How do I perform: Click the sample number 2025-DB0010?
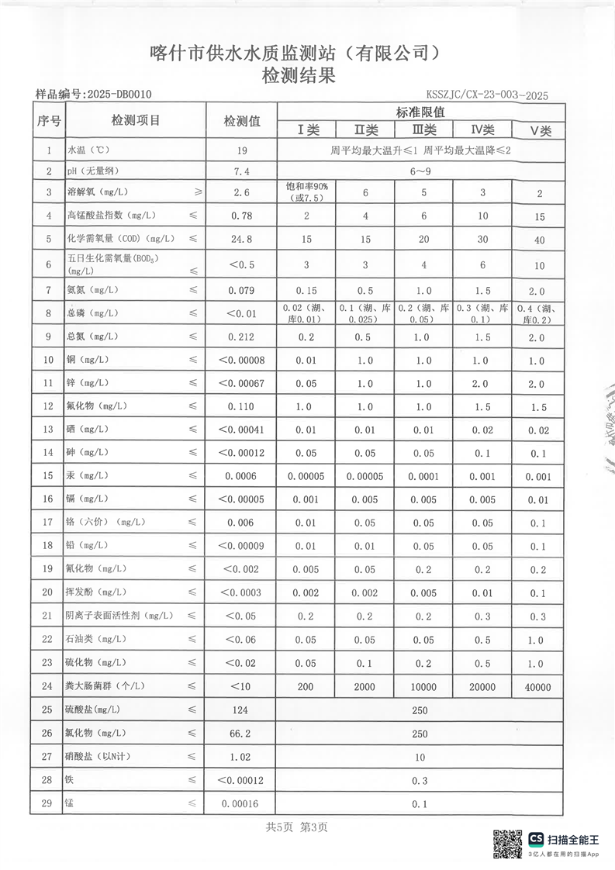click(x=119, y=95)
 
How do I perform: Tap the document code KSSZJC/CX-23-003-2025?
click(x=487, y=95)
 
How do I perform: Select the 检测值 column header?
click(x=242, y=121)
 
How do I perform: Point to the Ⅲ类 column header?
click(x=423, y=129)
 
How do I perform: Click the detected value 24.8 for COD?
click(x=242, y=239)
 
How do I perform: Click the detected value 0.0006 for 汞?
click(x=242, y=477)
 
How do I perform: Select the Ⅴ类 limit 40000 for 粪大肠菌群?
click(x=537, y=686)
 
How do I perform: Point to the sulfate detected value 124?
click(x=242, y=709)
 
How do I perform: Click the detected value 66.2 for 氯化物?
click(x=242, y=733)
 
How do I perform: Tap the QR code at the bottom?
click(x=508, y=844)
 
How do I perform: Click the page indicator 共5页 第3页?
click(x=297, y=827)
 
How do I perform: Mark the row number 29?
click(x=48, y=803)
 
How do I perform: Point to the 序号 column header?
click(x=48, y=121)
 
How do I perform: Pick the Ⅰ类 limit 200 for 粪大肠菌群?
click(x=306, y=686)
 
